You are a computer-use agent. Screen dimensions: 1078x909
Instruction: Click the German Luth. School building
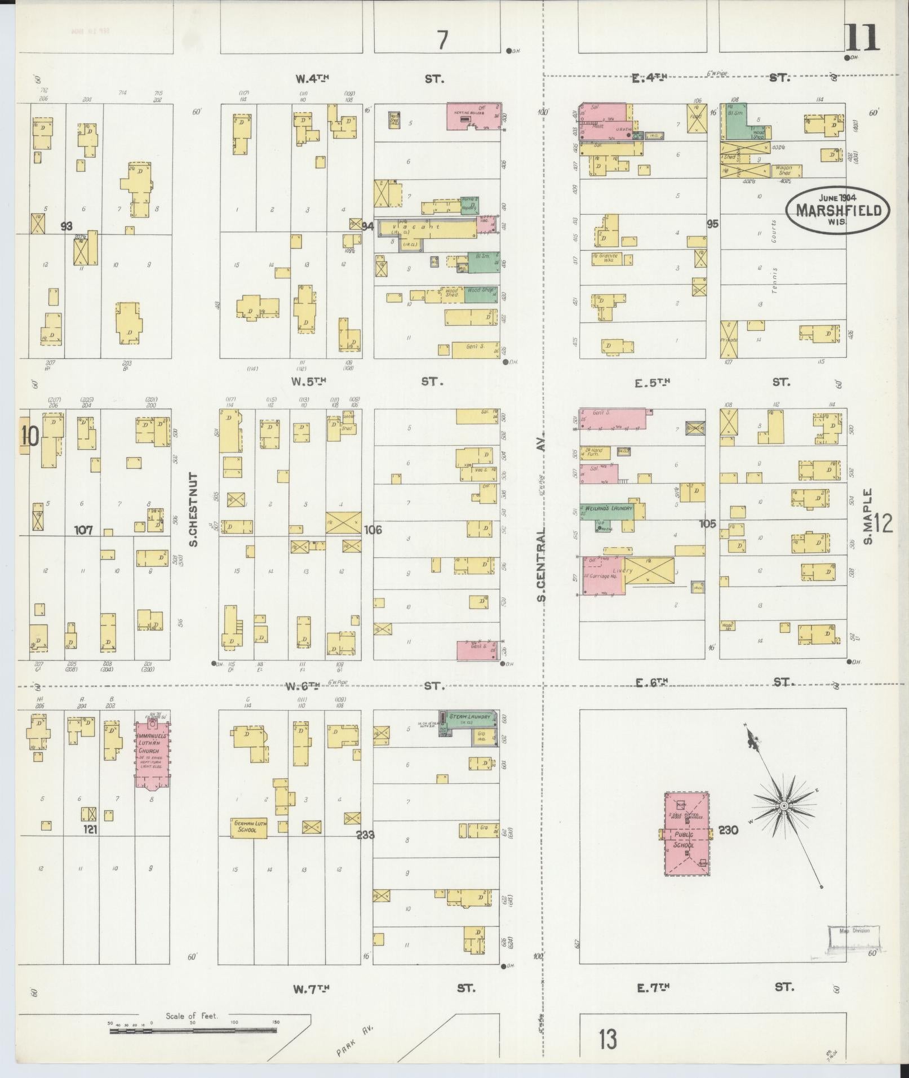tap(250, 827)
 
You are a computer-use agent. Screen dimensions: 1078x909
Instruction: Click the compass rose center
tap(784, 806)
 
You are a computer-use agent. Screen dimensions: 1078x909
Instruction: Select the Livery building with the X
tap(649, 572)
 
